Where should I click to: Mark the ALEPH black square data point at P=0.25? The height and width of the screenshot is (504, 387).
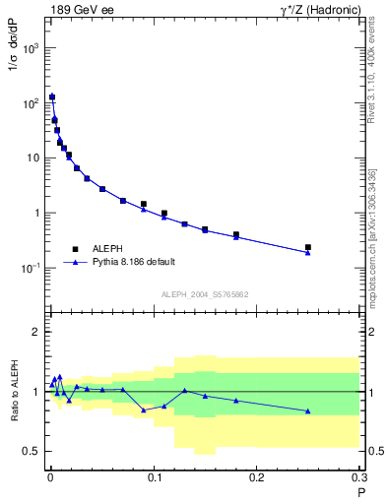pyautogui.click(x=308, y=247)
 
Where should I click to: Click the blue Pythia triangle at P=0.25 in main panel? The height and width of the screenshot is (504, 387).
pyautogui.click(x=308, y=253)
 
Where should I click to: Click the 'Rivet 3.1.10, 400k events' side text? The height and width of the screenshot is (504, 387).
pyautogui.click(x=378, y=69)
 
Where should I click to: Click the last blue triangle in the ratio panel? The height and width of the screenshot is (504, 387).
pyautogui.click(x=308, y=410)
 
